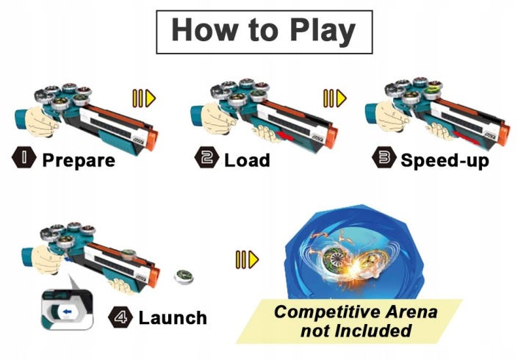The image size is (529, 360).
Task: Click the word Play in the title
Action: point(323,31)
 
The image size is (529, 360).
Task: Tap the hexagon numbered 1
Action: point(24,157)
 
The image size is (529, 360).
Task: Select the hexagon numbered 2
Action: point(206,157)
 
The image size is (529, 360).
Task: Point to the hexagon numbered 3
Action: point(384,157)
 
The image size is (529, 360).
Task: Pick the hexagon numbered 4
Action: point(120,317)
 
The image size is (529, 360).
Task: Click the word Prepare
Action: point(79,160)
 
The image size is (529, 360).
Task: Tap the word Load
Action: point(247,160)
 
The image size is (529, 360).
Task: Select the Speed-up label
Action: point(445,160)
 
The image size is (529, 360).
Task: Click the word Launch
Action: point(173,318)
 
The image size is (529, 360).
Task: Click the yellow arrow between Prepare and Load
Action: point(144,98)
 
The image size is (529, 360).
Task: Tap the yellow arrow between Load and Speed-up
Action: point(335,98)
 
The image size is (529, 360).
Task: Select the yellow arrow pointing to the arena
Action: point(248,259)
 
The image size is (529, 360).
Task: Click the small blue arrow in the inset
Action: point(67,312)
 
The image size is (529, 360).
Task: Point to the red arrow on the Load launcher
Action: point(285,136)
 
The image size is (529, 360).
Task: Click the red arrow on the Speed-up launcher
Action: point(467,137)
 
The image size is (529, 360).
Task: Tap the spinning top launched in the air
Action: point(184,277)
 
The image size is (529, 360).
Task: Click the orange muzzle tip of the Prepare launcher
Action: point(151,140)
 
